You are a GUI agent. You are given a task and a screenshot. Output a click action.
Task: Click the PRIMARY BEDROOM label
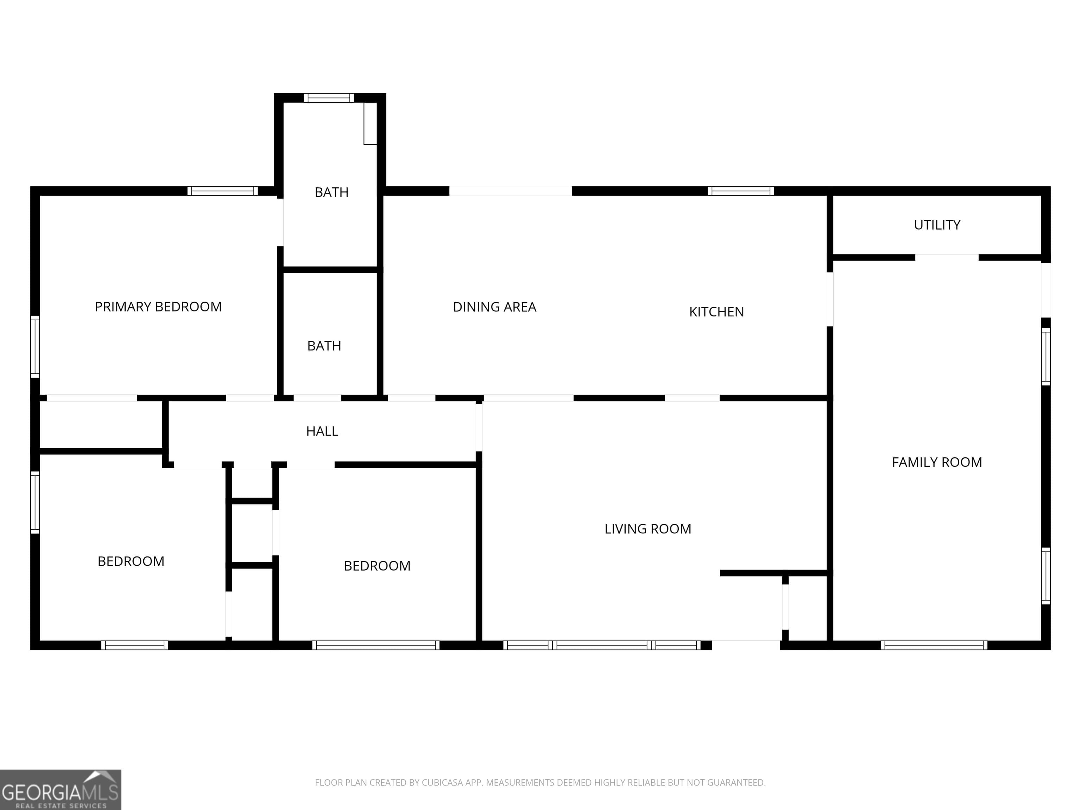pyautogui.click(x=158, y=307)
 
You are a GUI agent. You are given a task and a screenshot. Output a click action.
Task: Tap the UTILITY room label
pyautogui.click(x=937, y=225)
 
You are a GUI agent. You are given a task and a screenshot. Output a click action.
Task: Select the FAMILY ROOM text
pyautogui.click(x=937, y=462)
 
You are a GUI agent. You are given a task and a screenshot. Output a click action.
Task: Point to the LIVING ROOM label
pyautogui.click(x=647, y=529)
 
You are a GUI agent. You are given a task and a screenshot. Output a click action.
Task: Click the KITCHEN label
pyautogui.click(x=716, y=311)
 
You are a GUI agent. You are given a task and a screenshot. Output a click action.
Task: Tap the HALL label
pyautogui.click(x=322, y=431)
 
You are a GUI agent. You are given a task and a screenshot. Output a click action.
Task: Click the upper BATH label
pyautogui.click(x=331, y=192)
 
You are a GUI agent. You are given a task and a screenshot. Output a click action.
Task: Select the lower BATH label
pyautogui.click(x=324, y=346)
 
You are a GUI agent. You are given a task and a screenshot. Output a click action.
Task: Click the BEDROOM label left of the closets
pyautogui.click(x=131, y=561)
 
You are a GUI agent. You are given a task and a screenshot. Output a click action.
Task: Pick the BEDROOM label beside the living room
pyautogui.click(x=377, y=566)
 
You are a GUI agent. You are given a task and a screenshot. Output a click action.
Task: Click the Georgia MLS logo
pyautogui.click(x=61, y=790)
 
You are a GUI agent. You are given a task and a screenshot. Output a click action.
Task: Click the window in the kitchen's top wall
pyautogui.click(x=741, y=191)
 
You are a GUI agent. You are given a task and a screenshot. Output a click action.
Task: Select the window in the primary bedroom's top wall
pyautogui.click(x=222, y=191)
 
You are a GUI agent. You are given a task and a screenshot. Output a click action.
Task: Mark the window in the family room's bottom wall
pyautogui.click(x=934, y=645)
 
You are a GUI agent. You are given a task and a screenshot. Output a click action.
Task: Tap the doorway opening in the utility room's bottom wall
pyautogui.click(x=947, y=257)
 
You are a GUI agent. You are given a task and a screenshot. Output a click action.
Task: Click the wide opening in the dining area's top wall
pyautogui.click(x=511, y=191)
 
